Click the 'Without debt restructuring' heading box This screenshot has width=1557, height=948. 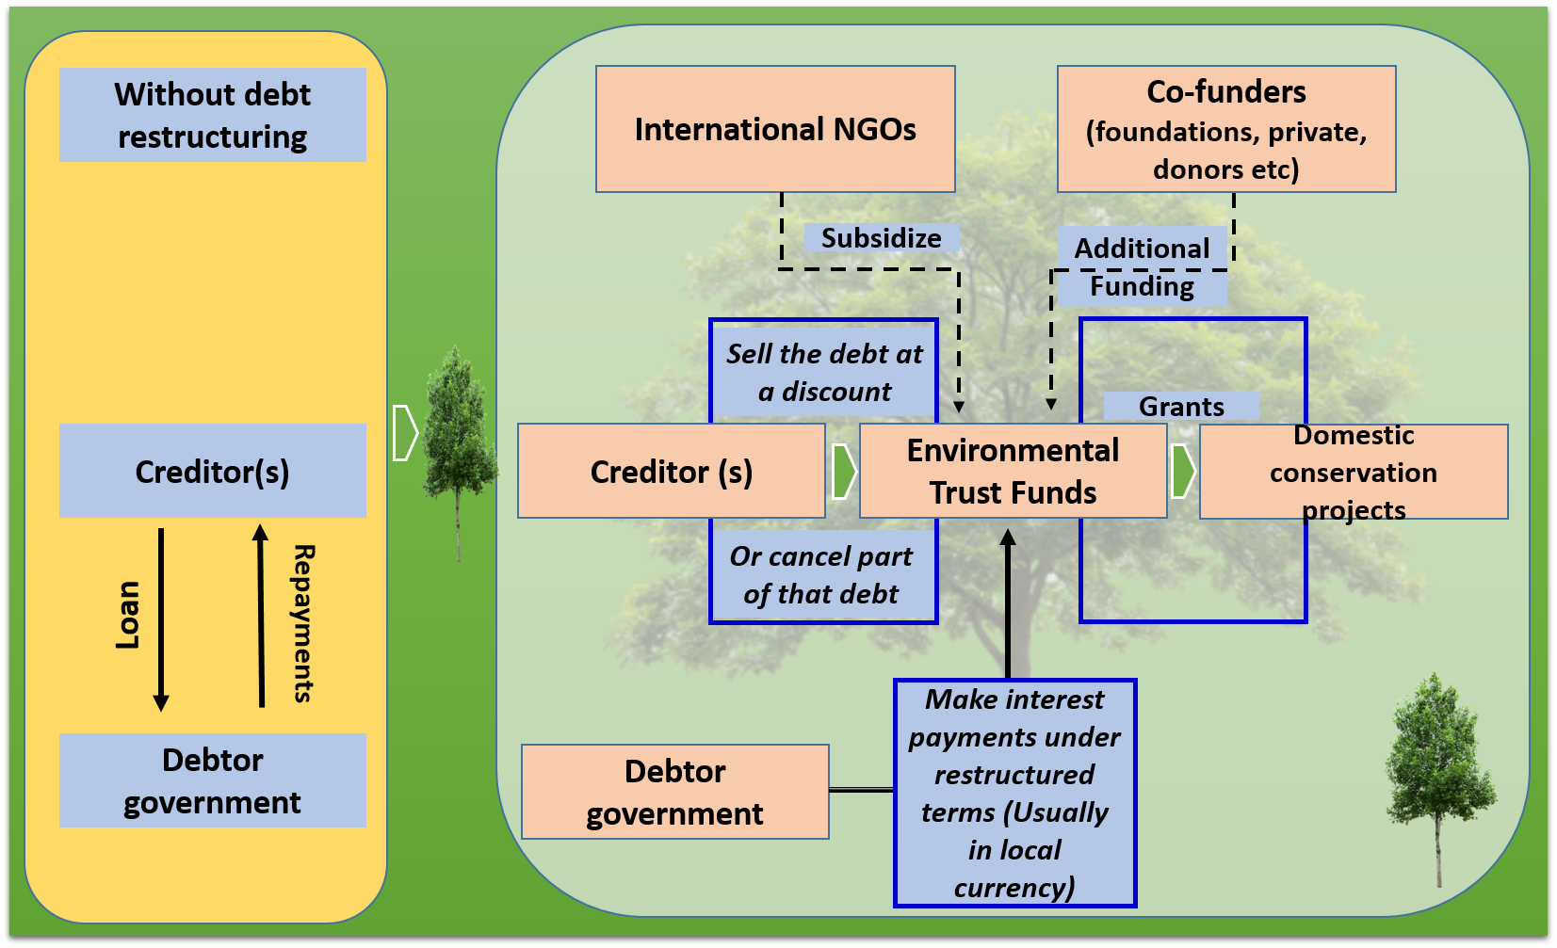click(213, 115)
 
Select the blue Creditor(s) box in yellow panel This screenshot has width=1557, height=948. click(213, 471)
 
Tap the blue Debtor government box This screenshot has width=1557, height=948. click(213, 780)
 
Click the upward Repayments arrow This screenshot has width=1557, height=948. click(261, 616)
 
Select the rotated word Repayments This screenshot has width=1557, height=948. click(302, 623)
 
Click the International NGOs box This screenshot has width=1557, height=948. click(775, 129)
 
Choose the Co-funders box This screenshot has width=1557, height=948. click(1226, 129)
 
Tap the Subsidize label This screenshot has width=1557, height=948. click(881, 238)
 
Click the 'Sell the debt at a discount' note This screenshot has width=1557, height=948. click(824, 372)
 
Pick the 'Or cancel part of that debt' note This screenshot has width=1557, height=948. click(822, 574)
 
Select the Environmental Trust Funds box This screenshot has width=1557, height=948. click(1014, 471)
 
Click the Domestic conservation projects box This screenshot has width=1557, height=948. click(1354, 472)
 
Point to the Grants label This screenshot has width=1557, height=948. click(1181, 406)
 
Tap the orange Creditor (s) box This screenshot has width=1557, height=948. click(672, 471)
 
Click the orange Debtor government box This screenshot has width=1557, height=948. click(675, 792)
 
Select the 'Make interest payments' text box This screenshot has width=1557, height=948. click(1015, 793)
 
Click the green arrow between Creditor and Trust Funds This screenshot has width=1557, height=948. click(844, 471)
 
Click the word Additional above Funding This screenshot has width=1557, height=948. click(1143, 249)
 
